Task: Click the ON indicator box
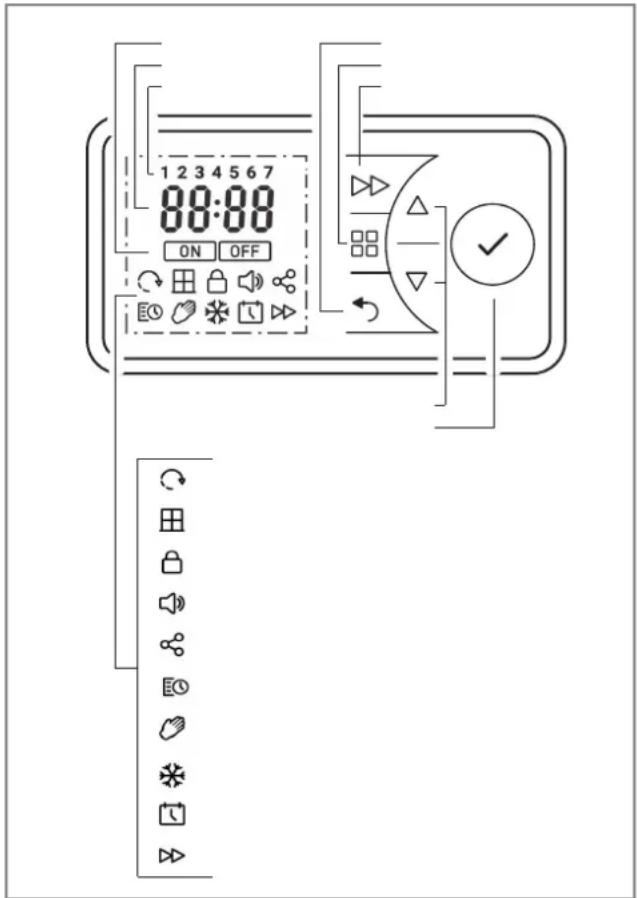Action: pyautogui.click(x=190, y=251)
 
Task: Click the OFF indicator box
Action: pyautogui.click(x=245, y=251)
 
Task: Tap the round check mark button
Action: pyautogui.click(x=493, y=246)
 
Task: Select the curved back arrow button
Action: pyautogui.click(x=364, y=310)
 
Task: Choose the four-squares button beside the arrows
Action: pyautogui.click(x=364, y=243)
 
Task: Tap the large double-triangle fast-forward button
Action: pyautogui.click(x=369, y=186)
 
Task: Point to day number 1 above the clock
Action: pyautogui.click(x=165, y=171)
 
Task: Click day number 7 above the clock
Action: pyautogui.click(x=268, y=171)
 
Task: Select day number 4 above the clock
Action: pyautogui.click(x=217, y=171)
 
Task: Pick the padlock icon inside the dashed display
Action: pyautogui.click(x=217, y=282)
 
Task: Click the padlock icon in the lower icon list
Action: pyautogui.click(x=171, y=563)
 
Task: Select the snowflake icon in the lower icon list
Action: pyautogui.click(x=172, y=777)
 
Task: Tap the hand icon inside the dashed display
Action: pyautogui.click(x=184, y=313)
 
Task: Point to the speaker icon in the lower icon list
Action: pyautogui.click(x=172, y=604)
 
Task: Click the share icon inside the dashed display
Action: pyautogui.click(x=284, y=282)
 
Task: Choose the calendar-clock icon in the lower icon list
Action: pyautogui.click(x=172, y=814)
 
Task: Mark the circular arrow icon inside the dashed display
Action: pyautogui.click(x=150, y=282)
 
